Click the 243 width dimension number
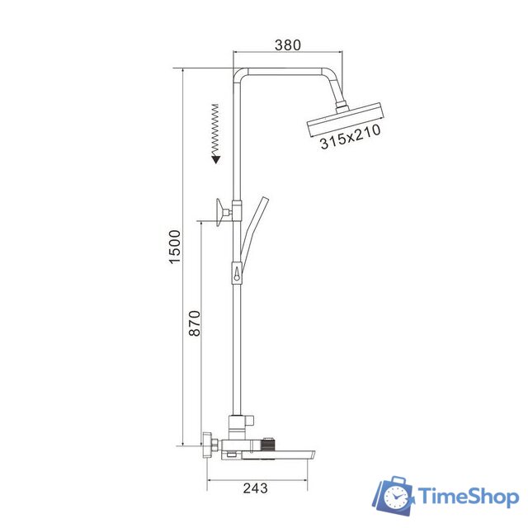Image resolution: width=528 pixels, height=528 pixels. (x=257, y=488)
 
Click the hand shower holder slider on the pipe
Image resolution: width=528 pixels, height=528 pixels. (x=238, y=271)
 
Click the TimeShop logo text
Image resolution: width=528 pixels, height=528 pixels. (x=468, y=496)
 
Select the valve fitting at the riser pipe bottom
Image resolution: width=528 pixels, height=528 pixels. (x=237, y=425)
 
